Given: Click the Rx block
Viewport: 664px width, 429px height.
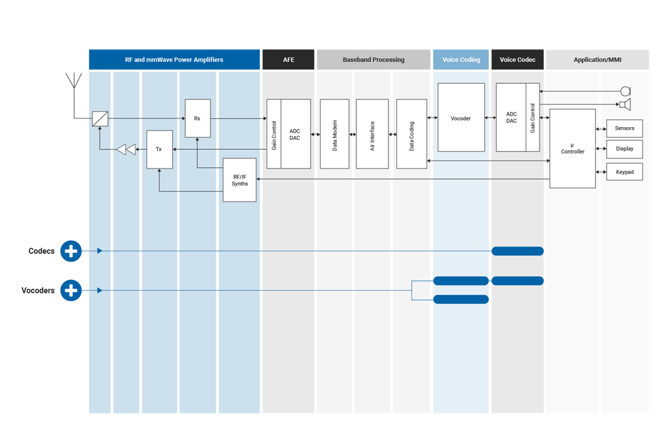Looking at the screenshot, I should [x=197, y=118].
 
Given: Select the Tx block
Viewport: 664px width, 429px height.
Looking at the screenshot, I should [x=159, y=149].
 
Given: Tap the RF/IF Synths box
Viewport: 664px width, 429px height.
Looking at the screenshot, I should [x=239, y=180].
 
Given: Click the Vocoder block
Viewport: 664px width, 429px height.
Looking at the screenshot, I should [x=461, y=118].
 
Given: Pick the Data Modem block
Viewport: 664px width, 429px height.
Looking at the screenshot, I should [x=334, y=134].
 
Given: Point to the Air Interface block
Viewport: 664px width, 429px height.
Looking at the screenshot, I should [x=372, y=134].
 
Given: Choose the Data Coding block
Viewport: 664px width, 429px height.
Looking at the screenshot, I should [x=411, y=134].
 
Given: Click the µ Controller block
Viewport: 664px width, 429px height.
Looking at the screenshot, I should [x=572, y=149].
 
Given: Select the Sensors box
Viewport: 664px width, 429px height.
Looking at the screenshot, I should [x=624, y=128].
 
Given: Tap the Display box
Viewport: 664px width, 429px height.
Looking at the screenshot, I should [x=624, y=149].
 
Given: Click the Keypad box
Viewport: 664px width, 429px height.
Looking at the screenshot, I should [x=624, y=172].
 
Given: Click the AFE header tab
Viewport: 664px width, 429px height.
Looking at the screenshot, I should [x=288, y=59].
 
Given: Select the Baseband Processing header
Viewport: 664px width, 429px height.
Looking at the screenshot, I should [x=373, y=59].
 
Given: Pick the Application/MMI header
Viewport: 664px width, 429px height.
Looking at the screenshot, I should [x=597, y=59].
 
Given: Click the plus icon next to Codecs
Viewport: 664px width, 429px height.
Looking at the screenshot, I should [x=71, y=251].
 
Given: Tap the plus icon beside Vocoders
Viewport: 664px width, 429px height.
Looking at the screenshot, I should [x=71, y=290].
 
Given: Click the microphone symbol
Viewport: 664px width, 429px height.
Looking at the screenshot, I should [x=625, y=91].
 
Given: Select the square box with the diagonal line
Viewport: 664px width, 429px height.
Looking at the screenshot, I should [x=100, y=119].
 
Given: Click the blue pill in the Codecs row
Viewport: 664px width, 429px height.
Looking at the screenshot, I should [x=517, y=251].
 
